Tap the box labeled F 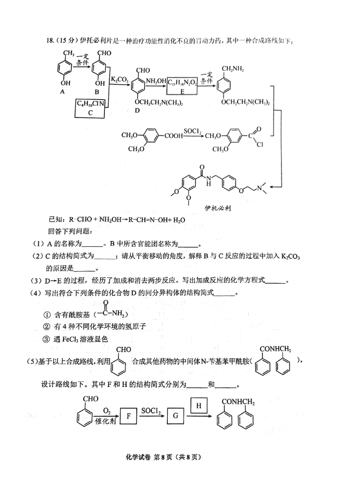pos(129,416)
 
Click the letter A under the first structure pos(62,91)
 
